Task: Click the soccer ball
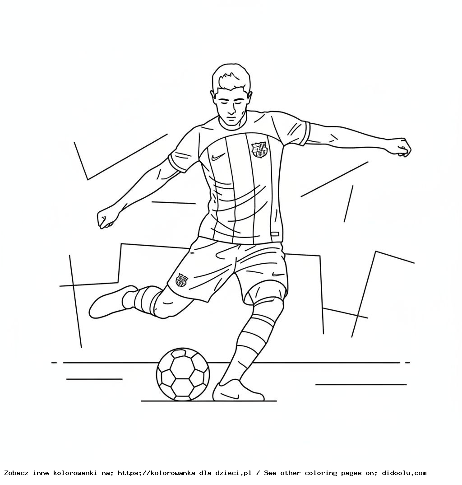point(183,374)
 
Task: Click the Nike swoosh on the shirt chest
point(218,157)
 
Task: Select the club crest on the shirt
point(259,149)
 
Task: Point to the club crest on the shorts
point(181,280)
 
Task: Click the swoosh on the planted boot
point(231,395)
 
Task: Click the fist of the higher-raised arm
point(402,147)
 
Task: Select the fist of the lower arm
point(106,219)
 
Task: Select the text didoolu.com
point(404,473)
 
